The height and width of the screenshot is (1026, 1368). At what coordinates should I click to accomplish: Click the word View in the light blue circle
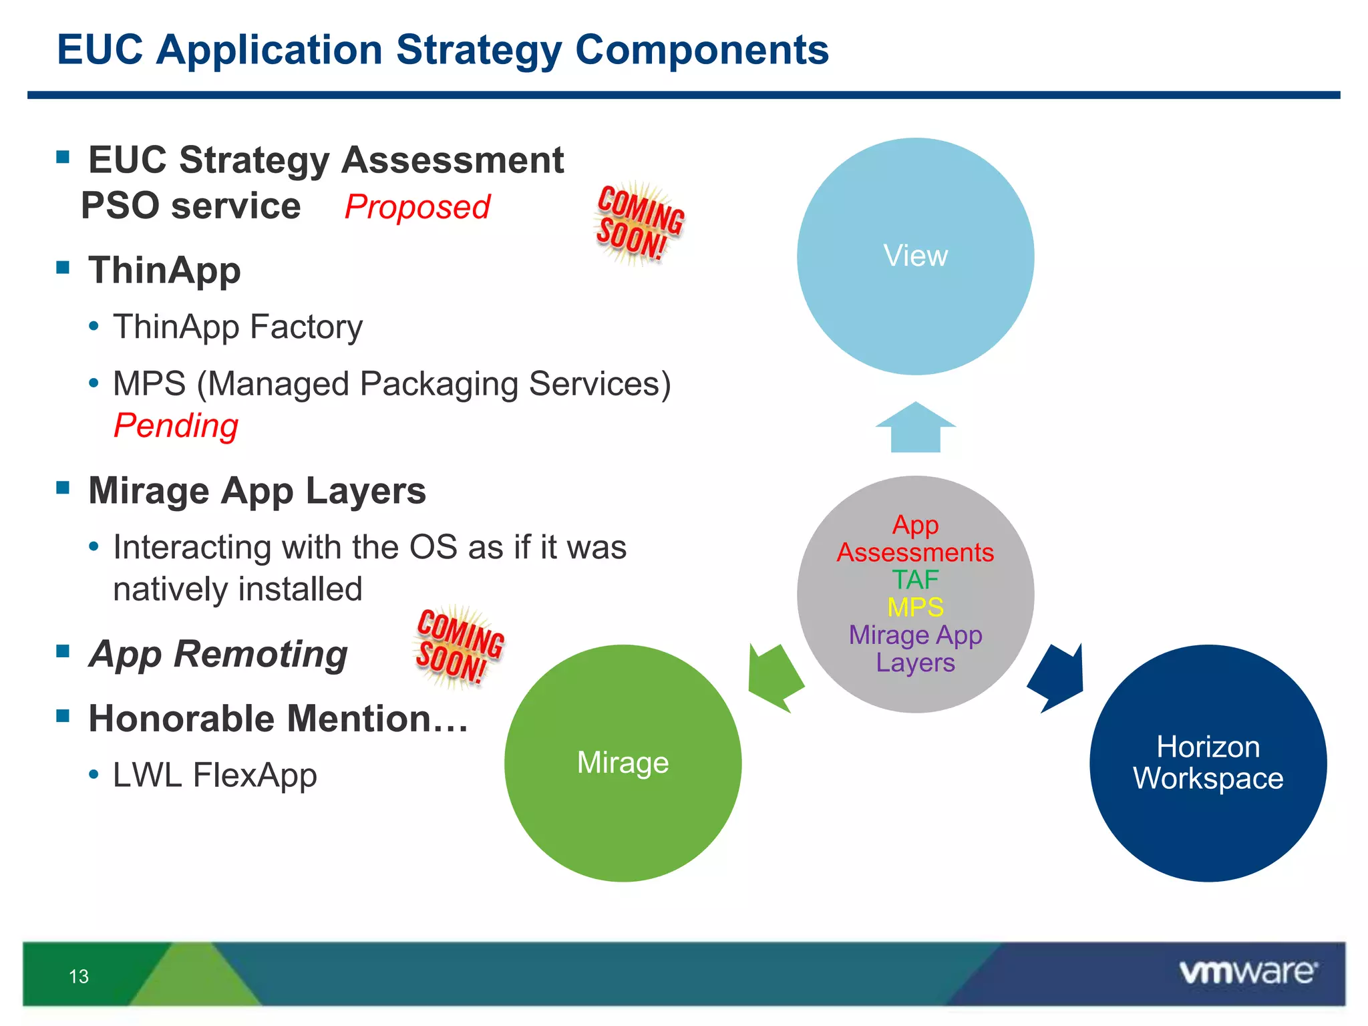click(x=915, y=256)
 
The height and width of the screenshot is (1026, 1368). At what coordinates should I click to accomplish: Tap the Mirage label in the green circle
click(x=623, y=762)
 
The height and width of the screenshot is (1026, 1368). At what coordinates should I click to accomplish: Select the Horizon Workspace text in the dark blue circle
click(x=1208, y=762)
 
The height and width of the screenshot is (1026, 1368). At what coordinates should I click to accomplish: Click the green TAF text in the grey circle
click(x=915, y=579)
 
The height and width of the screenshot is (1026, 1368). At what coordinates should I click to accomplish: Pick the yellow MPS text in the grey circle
click(x=915, y=607)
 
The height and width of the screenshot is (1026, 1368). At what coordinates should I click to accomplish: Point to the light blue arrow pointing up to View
click(x=916, y=428)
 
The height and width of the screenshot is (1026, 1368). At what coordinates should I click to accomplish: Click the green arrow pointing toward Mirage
click(x=775, y=679)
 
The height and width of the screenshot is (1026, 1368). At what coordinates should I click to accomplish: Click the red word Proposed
click(x=417, y=207)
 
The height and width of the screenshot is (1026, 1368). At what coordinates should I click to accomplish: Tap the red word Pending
click(x=176, y=426)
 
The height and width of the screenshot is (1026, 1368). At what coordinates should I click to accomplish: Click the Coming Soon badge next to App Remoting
click(x=460, y=647)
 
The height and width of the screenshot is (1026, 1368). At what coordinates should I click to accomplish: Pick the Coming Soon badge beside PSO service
click(x=639, y=223)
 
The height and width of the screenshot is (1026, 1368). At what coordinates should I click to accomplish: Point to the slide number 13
click(x=79, y=977)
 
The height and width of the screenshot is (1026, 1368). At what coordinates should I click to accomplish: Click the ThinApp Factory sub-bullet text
click(x=238, y=327)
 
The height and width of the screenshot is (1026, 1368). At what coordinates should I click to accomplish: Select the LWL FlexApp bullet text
click(x=214, y=776)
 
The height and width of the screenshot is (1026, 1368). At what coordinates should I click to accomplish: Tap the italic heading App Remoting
click(x=218, y=654)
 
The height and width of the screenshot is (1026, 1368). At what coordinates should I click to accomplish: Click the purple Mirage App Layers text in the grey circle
click(x=915, y=649)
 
